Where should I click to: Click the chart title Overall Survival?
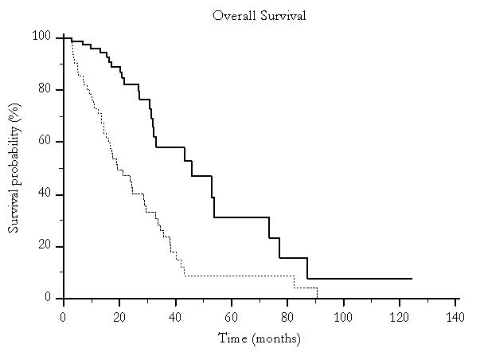(x=260, y=16)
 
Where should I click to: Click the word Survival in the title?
(x=283, y=16)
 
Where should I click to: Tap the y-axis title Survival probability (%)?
(x=14, y=168)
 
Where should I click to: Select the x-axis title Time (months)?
(x=260, y=338)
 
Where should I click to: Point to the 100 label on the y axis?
(x=41, y=36)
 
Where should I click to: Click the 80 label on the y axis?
(x=45, y=88)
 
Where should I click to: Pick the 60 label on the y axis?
(x=45, y=141)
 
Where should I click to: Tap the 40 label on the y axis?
(x=45, y=193)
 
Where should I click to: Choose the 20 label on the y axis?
(x=45, y=245)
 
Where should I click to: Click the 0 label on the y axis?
(x=48, y=296)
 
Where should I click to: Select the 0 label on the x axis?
(x=63, y=317)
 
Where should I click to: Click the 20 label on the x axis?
(x=119, y=317)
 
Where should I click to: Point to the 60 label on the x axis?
(x=232, y=317)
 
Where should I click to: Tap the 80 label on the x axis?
(x=287, y=317)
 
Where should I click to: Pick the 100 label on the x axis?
(x=343, y=317)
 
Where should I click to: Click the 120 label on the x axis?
(x=400, y=317)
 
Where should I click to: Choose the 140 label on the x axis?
(x=455, y=317)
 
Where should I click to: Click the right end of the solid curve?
(x=412, y=279)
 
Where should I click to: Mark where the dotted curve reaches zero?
(x=318, y=298)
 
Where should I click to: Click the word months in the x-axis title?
(x=276, y=338)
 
